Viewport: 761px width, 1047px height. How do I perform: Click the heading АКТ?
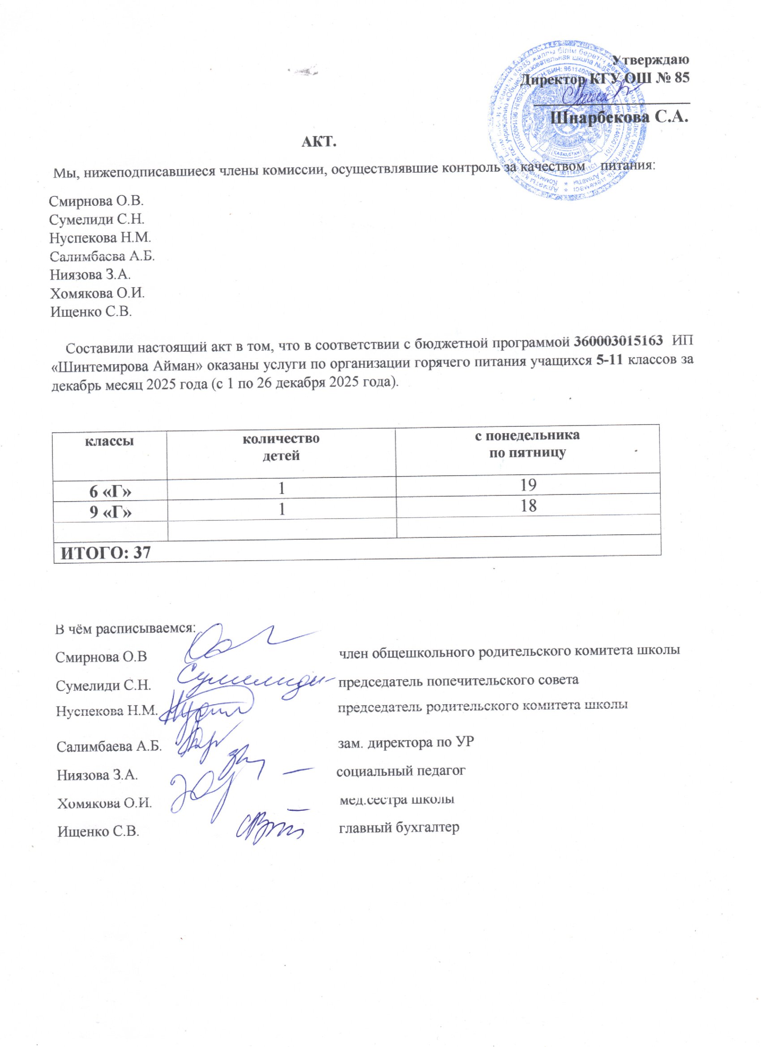(319, 142)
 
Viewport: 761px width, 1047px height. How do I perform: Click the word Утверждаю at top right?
(650, 60)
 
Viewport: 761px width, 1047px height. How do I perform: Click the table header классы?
(109, 441)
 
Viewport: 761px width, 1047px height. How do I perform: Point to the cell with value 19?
(527, 484)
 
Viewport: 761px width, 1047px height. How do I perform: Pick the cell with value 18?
(527, 506)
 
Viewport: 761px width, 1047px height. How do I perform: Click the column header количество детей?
(281, 447)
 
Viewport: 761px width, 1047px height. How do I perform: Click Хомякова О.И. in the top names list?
(98, 293)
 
